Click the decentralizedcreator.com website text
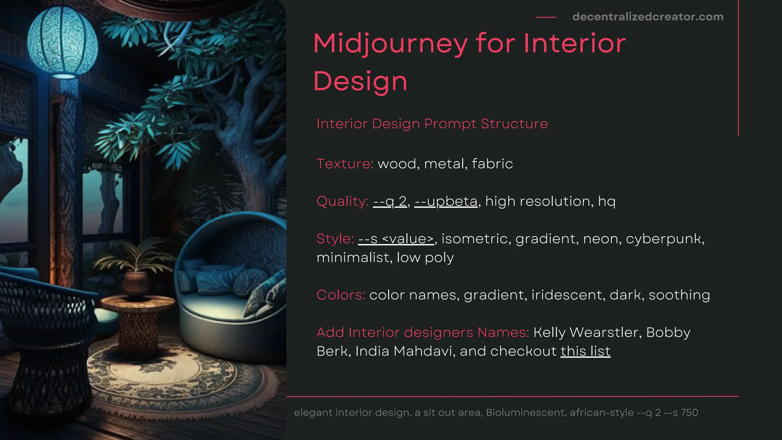(x=648, y=17)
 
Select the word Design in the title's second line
(x=360, y=81)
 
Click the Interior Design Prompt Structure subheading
(x=432, y=124)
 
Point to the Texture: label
(x=345, y=164)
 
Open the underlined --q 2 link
(x=390, y=201)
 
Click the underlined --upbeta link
(x=446, y=201)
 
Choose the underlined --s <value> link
(x=396, y=239)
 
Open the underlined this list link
(x=585, y=351)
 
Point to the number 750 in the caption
(x=690, y=412)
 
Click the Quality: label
(x=343, y=201)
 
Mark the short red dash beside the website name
(x=546, y=17)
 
